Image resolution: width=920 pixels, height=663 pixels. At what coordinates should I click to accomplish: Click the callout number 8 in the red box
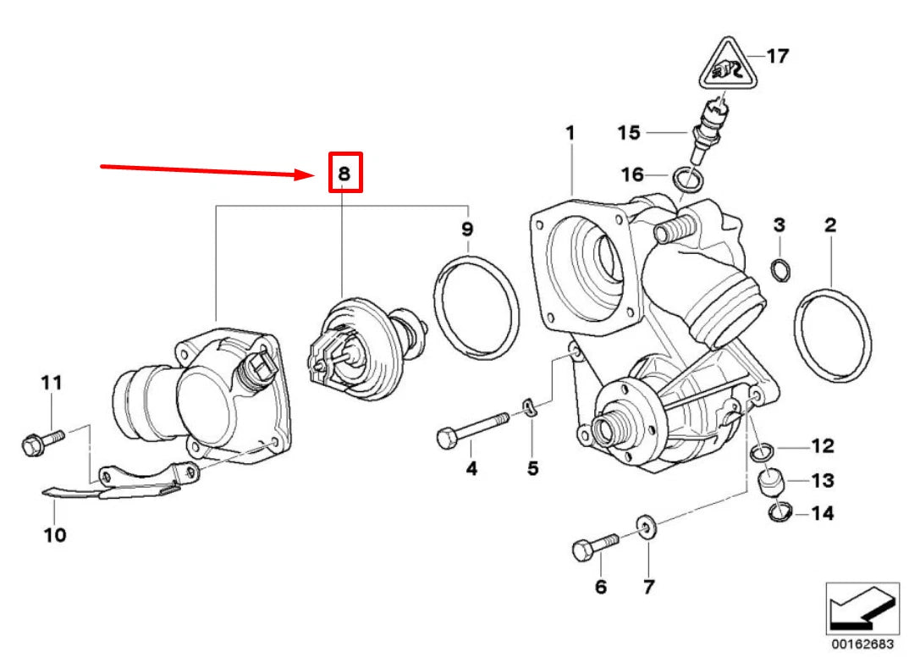point(344,173)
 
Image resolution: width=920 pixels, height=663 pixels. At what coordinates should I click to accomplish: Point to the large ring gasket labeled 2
point(832,335)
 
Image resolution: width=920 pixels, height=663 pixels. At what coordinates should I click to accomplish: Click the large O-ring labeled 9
point(477,307)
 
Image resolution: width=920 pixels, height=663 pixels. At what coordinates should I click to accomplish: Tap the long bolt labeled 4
point(471,428)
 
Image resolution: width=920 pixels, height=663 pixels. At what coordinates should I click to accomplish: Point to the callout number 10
point(54,535)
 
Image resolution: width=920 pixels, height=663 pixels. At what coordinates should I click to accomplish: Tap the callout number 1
point(570,133)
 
